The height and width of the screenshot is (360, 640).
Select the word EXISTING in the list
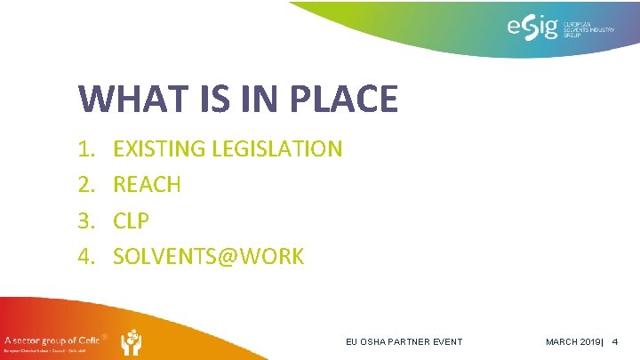tap(159, 148)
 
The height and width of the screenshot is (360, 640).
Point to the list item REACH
tap(148, 185)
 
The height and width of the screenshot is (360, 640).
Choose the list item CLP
tap(132, 221)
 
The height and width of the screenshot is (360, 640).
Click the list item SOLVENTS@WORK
tap(209, 257)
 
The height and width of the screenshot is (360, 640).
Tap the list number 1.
tap(85, 148)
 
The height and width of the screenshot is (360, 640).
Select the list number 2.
tap(85, 185)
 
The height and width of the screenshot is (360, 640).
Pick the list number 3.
tap(85, 221)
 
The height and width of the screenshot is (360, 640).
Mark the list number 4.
tap(85, 257)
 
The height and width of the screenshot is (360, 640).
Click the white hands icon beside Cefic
tap(130, 342)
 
